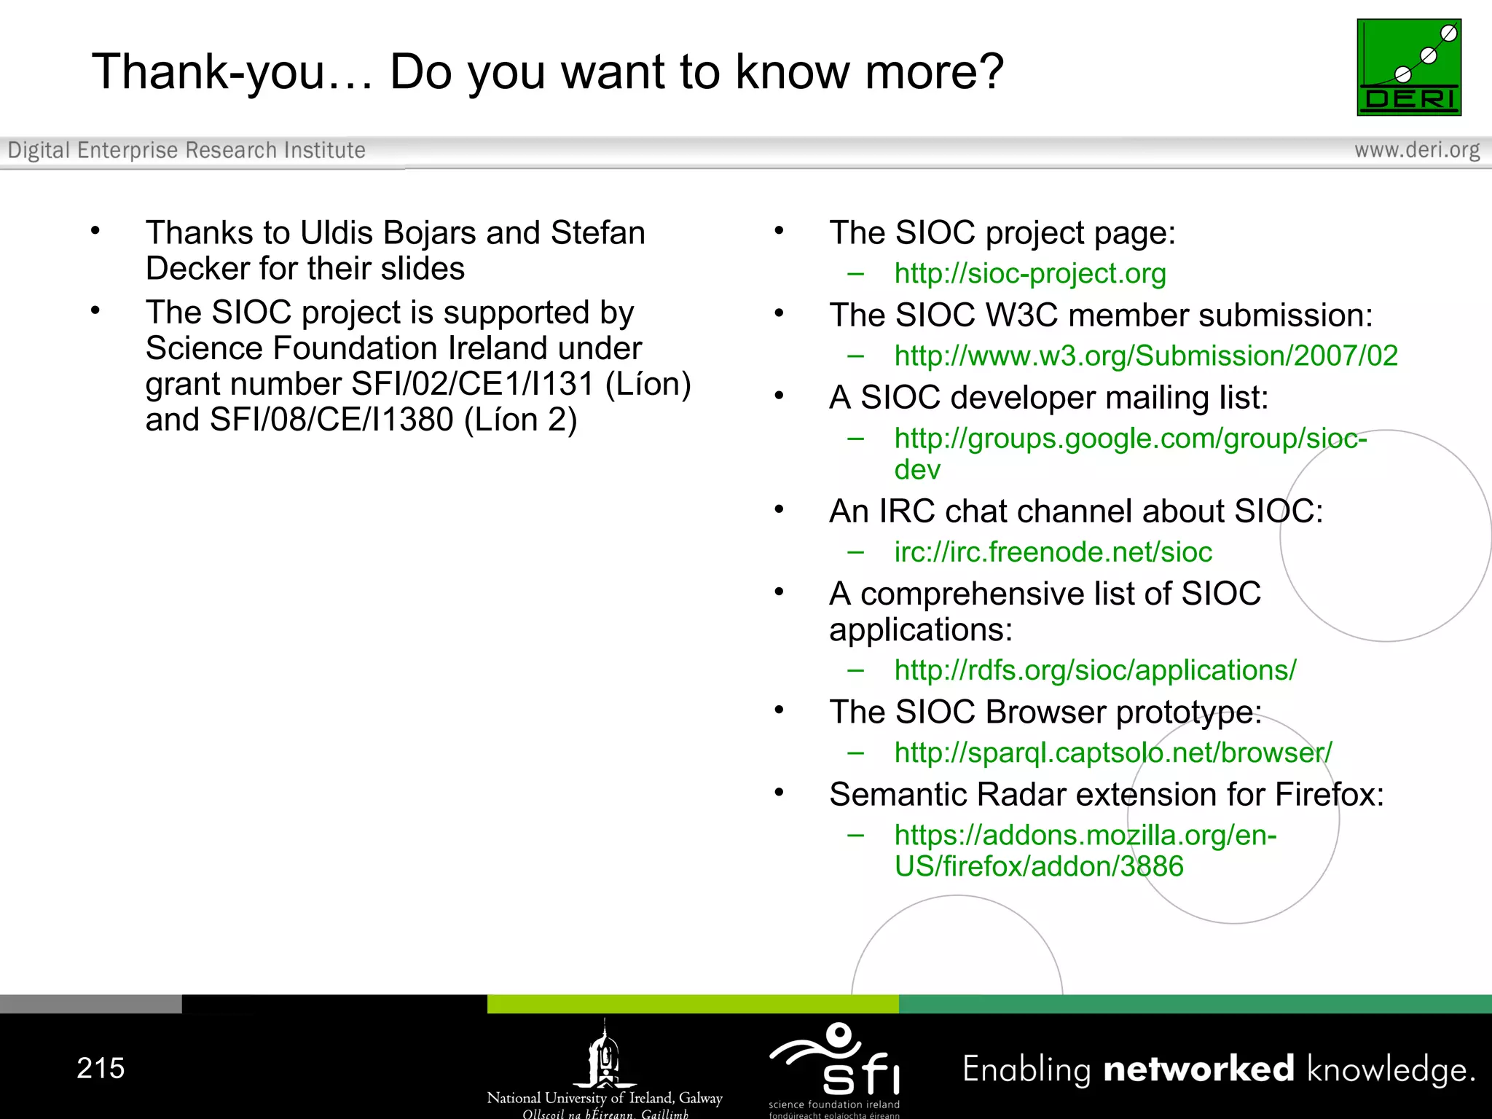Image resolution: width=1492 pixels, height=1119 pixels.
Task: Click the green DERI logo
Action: (x=1408, y=67)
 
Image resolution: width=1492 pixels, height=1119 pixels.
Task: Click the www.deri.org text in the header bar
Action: (x=1416, y=150)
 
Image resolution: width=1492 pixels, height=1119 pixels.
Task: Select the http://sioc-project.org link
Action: (x=1029, y=274)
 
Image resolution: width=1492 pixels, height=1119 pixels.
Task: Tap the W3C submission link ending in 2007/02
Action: (x=1145, y=356)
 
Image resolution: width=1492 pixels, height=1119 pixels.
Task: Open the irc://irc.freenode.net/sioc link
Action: (x=1053, y=552)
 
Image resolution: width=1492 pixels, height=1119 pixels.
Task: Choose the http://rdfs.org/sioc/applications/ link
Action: (x=1095, y=670)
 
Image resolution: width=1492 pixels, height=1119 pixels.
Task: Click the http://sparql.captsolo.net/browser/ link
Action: (x=1112, y=753)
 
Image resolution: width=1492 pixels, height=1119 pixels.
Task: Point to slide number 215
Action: (x=101, y=1068)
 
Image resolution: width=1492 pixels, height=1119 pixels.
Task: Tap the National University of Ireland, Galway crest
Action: (x=605, y=1056)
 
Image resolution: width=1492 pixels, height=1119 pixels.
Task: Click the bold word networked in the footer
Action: (x=1198, y=1069)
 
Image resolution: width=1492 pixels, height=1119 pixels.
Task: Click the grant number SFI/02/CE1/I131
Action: (x=473, y=385)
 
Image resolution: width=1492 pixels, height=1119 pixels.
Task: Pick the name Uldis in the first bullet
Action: (x=337, y=233)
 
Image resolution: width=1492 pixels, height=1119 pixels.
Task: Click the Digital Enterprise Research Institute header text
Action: (x=186, y=150)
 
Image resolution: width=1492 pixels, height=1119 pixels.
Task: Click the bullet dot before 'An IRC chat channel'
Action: (x=779, y=509)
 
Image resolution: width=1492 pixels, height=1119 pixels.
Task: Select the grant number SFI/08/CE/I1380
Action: (x=331, y=420)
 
